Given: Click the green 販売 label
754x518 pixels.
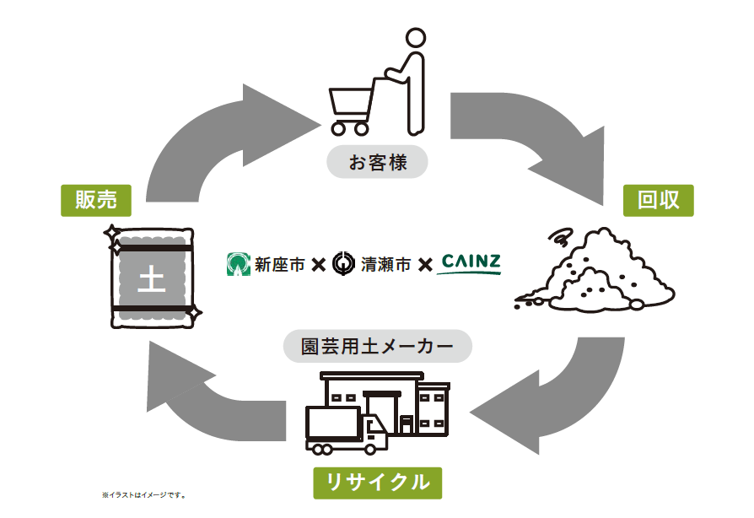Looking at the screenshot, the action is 96,200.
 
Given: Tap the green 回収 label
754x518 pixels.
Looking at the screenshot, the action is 659,200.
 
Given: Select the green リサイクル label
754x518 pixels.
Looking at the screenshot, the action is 378,483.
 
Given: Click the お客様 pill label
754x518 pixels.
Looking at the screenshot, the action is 378,162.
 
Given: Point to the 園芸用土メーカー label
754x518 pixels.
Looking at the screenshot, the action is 378,346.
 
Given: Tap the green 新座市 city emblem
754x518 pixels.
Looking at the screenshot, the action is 239,264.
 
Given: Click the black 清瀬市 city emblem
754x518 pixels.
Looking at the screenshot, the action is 343,263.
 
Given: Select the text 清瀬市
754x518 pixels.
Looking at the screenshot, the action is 385,265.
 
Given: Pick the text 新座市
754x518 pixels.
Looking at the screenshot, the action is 280,265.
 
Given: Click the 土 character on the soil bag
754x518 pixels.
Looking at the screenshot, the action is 152,279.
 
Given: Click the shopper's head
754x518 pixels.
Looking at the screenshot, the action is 416,37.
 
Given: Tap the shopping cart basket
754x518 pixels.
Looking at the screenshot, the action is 352,105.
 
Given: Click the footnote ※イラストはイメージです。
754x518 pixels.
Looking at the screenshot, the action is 143,495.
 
